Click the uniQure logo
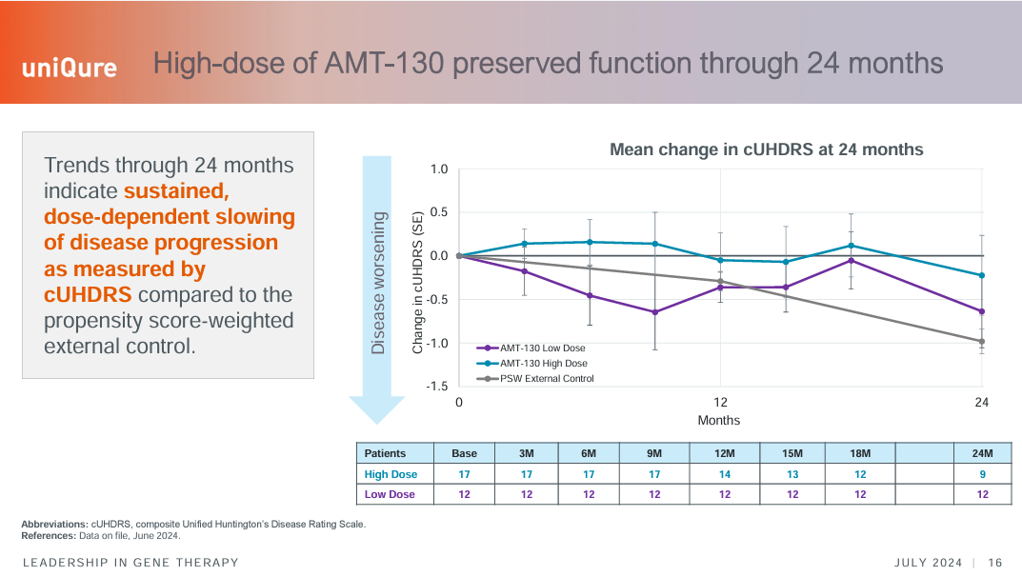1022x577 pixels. click(70, 68)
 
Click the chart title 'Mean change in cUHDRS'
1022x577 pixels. click(766, 149)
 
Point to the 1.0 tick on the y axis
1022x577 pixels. click(438, 169)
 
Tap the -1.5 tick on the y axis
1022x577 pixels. click(436, 387)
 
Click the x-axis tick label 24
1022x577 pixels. click(982, 403)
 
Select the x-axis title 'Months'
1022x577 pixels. click(719, 420)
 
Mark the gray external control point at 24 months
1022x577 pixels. click(982, 341)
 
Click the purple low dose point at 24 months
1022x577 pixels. click(982, 311)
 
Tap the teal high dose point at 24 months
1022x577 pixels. click(982, 276)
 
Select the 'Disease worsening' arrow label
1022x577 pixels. click(378, 283)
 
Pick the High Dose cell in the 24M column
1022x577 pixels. click(982, 474)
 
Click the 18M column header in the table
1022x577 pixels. click(860, 453)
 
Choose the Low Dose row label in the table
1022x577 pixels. click(390, 494)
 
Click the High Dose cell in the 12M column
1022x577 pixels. click(725, 474)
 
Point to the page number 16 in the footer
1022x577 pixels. click(995, 562)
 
